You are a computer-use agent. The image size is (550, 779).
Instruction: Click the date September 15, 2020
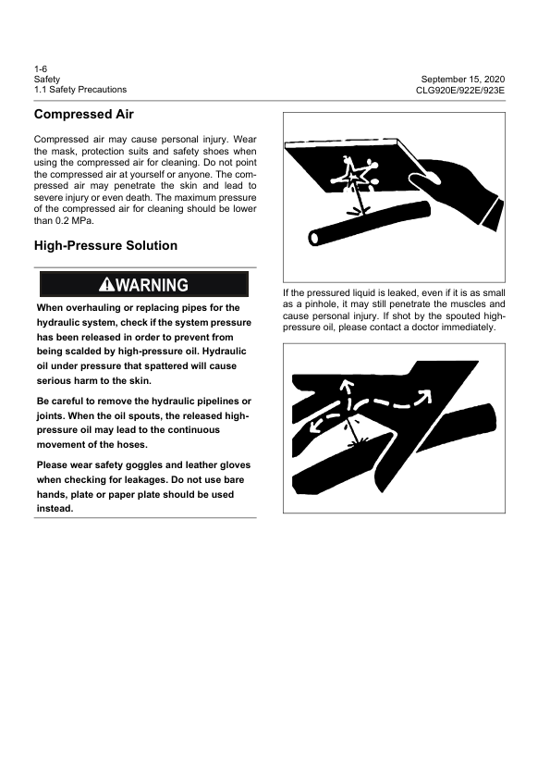467,80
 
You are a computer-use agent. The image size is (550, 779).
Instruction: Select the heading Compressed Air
83,115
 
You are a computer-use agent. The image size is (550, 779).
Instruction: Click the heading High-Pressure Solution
105,246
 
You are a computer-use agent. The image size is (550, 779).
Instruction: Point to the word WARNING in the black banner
153,285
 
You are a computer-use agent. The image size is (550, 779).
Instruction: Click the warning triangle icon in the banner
108,285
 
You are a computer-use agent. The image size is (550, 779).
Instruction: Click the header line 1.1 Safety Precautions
80,90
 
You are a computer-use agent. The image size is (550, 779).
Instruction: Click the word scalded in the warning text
79,352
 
